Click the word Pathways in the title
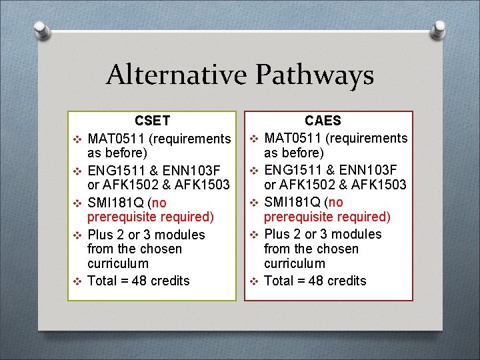[x=313, y=76]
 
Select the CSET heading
[x=153, y=121]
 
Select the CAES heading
[x=323, y=121]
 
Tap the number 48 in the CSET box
[x=139, y=281]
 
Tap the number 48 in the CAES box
[x=316, y=281]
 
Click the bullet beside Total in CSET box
[x=77, y=281]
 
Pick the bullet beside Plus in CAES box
[x=254, y=235]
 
